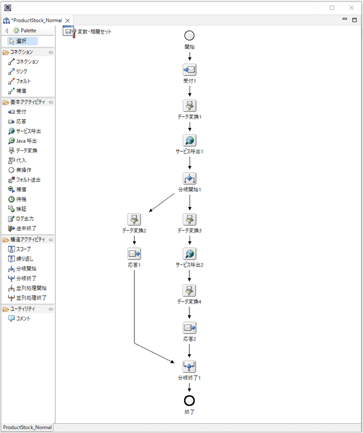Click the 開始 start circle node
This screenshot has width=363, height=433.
(190, 35)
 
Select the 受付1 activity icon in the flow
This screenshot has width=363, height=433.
(190, 70)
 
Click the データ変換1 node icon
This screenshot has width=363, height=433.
(190, 106)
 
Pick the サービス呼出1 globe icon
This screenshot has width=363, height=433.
(190, 140)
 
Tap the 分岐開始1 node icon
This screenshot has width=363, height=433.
(190, 179)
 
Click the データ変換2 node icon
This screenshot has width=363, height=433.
(134, 219)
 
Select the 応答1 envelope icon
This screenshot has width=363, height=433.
(134, 254)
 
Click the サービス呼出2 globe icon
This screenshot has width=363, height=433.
(190, 254)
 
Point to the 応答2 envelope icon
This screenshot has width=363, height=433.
(190, 328)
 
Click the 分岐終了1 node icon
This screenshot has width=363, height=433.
(190, 366)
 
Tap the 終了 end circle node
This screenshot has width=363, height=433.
(190, 400)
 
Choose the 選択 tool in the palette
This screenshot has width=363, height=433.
(23, 41)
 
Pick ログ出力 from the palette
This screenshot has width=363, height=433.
(24, 218)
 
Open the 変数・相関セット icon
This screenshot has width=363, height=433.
(69, 32)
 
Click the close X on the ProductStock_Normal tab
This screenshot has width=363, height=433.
(68, 20)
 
